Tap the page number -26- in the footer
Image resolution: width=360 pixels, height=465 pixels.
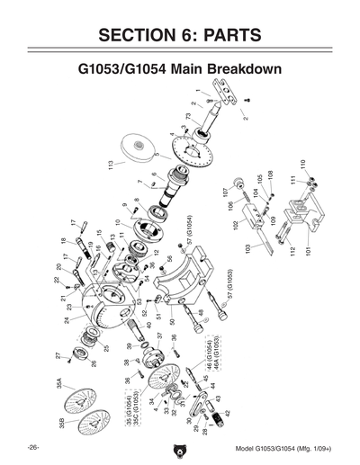click(x=32, y=447)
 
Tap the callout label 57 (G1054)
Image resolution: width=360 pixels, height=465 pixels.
click(x=191, y=244)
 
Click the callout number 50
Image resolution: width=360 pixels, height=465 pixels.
click(x=171, y=321)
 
